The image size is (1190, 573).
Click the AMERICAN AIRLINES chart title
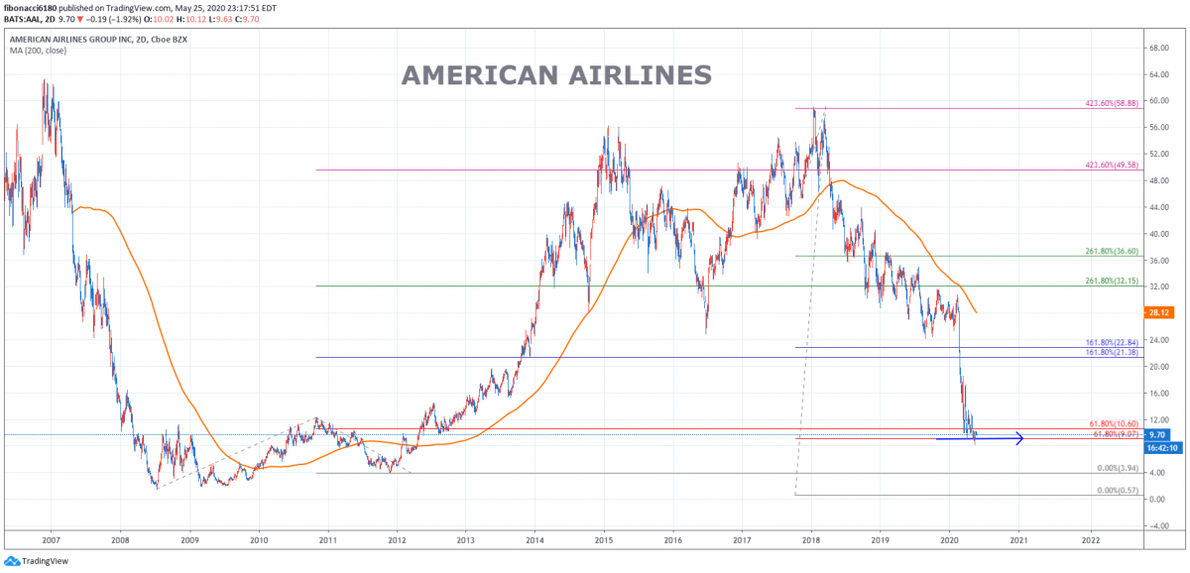coord(556,76)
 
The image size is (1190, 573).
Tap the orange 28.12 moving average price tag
coord(1158,312)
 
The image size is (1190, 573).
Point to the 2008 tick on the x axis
coord(120,541)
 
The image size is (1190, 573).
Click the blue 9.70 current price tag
coord(1158,434)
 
